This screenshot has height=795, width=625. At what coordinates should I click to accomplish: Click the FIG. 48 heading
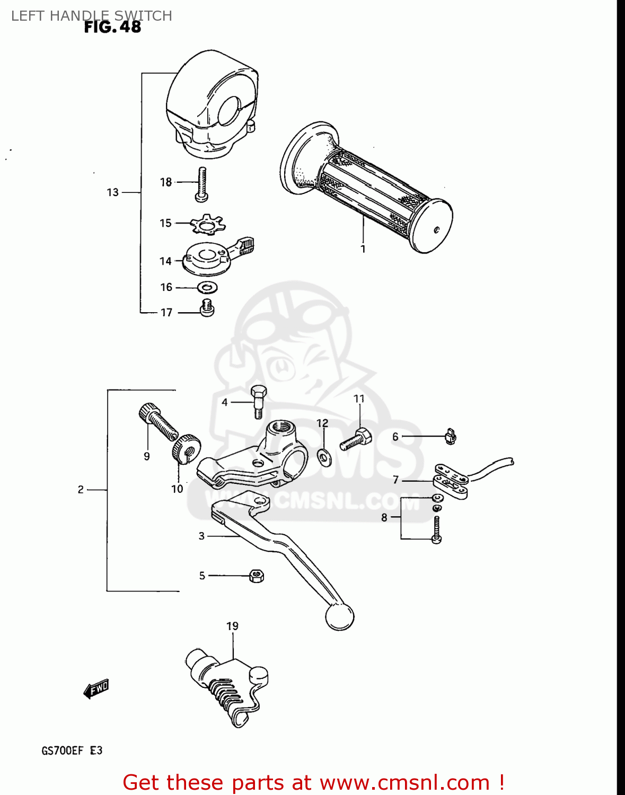click(112, 26)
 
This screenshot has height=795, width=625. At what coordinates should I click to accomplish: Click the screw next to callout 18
click(201, 183)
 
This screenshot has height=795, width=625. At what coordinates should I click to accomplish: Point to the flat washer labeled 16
click(207, 288)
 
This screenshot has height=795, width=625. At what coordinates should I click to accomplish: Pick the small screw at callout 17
click(206, 307)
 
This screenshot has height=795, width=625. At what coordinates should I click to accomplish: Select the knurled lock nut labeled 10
click(186, 448)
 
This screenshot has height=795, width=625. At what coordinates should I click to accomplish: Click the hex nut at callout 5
click(257, 576)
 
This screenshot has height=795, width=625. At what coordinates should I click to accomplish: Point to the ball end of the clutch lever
click(339, 616)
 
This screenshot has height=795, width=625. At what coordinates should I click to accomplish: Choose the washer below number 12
click(323, 456)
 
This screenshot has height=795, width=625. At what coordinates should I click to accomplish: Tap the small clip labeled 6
click(451, 436)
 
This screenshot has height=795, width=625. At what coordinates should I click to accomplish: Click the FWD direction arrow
click(96, 689)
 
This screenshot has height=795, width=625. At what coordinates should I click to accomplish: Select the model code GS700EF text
click(62, 750)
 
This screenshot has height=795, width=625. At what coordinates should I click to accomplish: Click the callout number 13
click(112, 192)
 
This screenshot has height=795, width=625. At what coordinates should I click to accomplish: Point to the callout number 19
click(232, 626)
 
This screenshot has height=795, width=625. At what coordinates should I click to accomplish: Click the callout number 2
click(81, 490)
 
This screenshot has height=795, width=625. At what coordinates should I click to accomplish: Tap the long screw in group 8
click(436, 529)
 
